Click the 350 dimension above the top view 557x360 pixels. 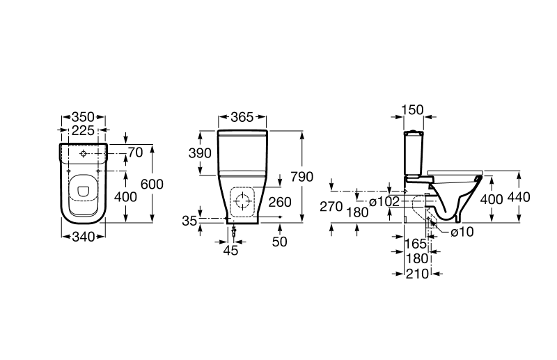83,118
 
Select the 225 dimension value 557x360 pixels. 83,131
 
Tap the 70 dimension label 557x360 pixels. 134,151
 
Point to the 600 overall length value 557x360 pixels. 152,184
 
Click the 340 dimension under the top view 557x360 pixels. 83,237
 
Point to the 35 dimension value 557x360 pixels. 189,221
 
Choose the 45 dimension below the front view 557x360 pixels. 230,250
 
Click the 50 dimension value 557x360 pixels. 280,240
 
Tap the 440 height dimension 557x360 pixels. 519,197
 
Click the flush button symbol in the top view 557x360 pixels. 83,152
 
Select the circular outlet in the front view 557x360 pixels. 242,202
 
